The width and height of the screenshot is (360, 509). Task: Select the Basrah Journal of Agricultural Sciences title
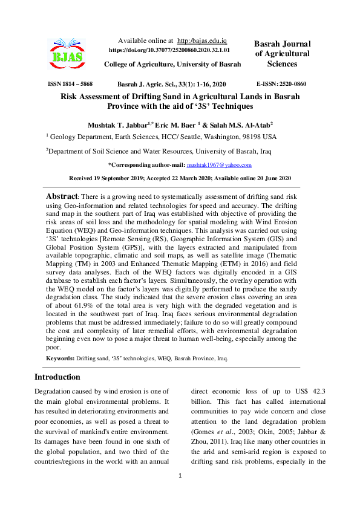tap(282, 54)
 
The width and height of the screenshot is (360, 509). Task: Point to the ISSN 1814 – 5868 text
tap(70, 84)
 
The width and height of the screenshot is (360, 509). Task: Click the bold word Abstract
tap(62, 197)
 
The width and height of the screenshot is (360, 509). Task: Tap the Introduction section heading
tap(57, 377)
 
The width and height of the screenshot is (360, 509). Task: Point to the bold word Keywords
tap(60, 358)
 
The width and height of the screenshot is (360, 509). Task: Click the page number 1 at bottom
tap(180, 493)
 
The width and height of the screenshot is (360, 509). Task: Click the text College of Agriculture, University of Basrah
tap(172, 64)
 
